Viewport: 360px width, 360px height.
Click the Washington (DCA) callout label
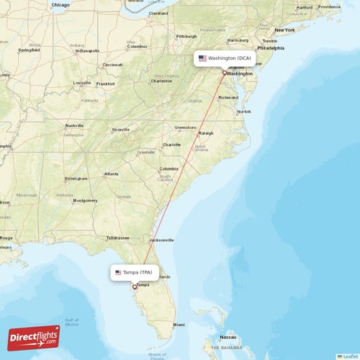click(225, 58)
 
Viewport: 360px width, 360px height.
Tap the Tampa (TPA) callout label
click(135, 273)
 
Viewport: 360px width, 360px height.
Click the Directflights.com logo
click(35, 336)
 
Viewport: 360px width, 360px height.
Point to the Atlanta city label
click(112, 174)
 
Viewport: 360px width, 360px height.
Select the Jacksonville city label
click(161, 240)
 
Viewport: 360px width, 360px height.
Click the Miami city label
click(179, 325)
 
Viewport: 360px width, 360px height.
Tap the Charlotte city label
click(171, 145)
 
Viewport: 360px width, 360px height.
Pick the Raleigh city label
click(207, 133)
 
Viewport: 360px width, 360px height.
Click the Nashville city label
click(75, 126)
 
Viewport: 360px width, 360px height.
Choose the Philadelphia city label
click(271, 48)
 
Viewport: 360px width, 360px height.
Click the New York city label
click(285, 30)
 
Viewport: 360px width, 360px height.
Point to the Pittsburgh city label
click(186, 36)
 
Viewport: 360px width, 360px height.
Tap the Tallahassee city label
click(117, 237)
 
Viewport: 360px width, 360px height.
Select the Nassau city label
click(228, 336)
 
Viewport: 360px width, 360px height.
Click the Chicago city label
click(60, 5)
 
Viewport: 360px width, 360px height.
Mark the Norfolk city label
click(244, 112)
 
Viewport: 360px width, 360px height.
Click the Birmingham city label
click(76, 179)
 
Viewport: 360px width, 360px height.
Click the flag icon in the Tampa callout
click(118, 273)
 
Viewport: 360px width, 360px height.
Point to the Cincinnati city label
click(112, 65)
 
